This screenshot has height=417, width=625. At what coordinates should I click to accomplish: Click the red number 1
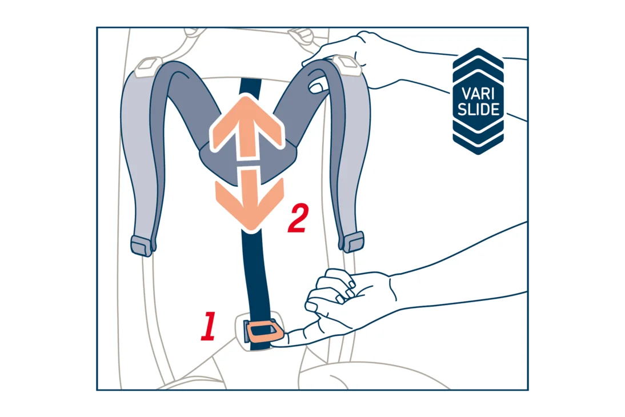point(209,327)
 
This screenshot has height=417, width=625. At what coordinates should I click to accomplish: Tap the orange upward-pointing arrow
point(247,127)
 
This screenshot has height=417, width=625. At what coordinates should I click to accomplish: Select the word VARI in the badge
point(478,94)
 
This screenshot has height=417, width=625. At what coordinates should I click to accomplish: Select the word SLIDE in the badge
point(478,109)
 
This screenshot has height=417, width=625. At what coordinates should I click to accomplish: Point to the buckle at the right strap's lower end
point(352,242)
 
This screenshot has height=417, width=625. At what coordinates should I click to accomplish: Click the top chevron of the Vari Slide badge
point(478,60)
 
